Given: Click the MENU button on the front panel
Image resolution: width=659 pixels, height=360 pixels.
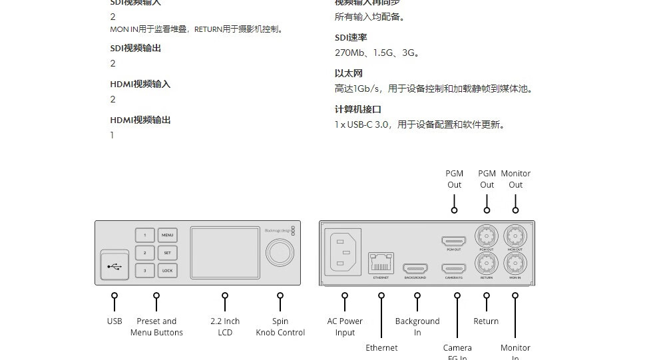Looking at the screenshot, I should coord(167,236).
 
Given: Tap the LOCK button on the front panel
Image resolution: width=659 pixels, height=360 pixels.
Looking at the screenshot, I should coord(167,271).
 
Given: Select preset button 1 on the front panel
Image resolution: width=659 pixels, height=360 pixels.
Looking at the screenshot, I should coord(144,236).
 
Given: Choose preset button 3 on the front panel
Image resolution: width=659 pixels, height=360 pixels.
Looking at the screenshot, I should coord(144,271).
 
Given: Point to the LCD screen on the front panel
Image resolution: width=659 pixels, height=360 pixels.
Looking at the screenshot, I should coord(225,253).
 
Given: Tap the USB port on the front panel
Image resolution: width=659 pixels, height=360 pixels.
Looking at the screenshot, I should coord(114,267).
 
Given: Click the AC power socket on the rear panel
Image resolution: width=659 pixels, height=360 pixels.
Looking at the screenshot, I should coord(344,252).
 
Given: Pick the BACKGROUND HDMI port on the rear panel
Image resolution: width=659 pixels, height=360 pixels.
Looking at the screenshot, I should coord(415,268).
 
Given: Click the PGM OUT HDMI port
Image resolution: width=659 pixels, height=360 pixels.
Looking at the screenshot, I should coord(455,241).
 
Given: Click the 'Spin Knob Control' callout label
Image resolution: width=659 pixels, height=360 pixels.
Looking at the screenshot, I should coord(280,327).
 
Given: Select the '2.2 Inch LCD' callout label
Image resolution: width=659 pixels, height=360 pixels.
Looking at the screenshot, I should coord(225,327).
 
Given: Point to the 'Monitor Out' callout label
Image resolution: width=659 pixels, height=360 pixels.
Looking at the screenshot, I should coord(516,179).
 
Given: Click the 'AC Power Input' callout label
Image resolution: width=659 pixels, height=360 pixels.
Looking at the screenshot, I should coord(345,327).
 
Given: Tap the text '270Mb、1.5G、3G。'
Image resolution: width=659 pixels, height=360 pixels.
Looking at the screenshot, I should coord(377,53).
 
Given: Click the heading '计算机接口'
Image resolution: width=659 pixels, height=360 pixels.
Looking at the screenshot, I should coord(357,109).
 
